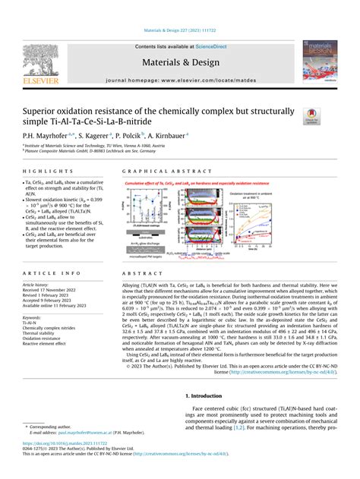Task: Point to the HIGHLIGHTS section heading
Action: coord(58,172)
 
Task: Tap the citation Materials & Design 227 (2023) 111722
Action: coord(180,32)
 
